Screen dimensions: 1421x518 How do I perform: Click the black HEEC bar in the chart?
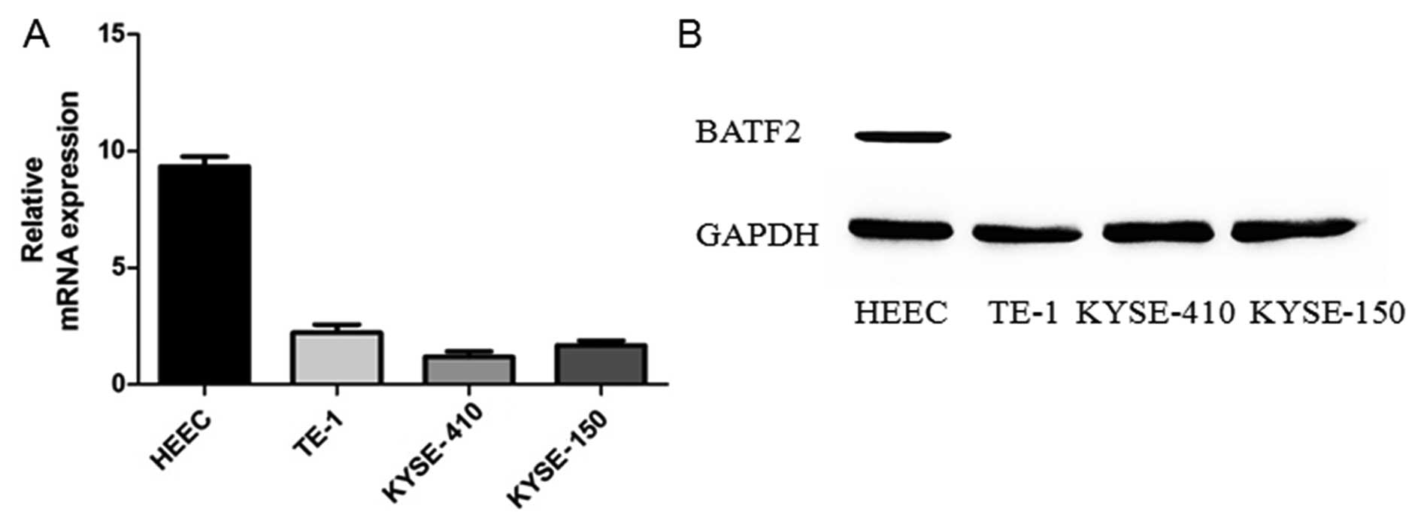click(x=204, y=274)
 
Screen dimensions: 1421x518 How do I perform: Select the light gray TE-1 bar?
click(x=336, y=358)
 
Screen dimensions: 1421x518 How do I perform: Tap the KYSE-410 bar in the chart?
click(x=468, y=370)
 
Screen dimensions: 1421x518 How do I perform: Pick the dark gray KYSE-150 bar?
click(x=601, y=364)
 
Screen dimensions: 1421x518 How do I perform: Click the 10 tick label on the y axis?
click(x=111, y=151)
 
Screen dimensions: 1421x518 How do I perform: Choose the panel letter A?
click(x=36, y=35)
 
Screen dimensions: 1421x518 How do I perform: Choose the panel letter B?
click(x=689, y=35)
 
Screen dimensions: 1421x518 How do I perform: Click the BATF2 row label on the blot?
click(x=748, y=133)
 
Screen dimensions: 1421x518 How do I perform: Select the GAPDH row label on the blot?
click(x=757, y=235)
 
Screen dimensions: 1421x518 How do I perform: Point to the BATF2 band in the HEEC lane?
click(x=901, y=136)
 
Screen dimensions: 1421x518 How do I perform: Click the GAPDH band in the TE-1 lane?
click(x=1026, y=234)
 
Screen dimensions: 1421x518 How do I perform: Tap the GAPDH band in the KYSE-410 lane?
click(x=1158, y=232)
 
